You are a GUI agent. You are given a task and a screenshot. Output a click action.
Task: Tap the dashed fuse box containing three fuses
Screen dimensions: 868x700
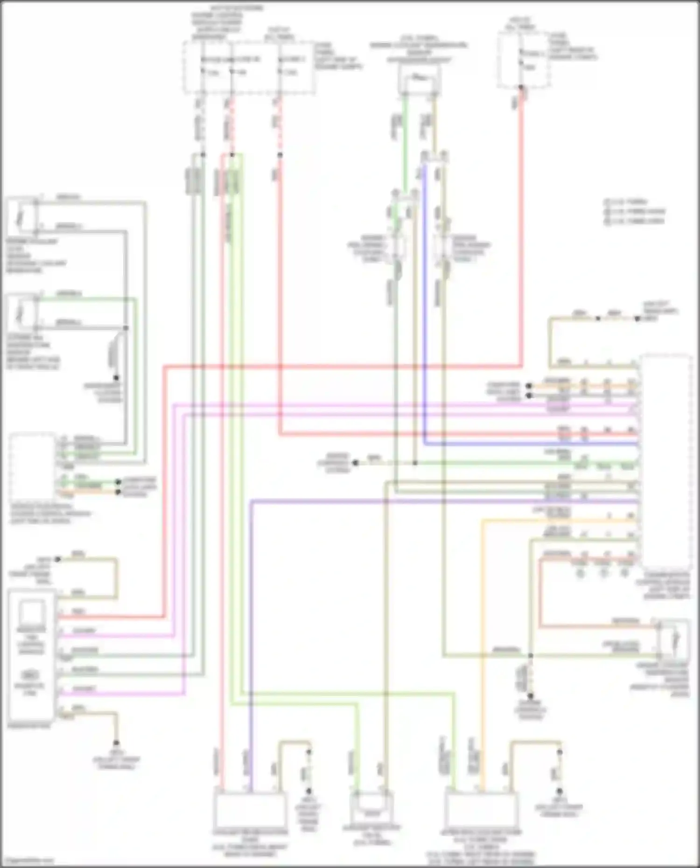pyautogui.click(x=248, y=68)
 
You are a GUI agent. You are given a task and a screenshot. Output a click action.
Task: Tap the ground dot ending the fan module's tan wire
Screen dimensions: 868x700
pyautogui.click(x=116, y=743)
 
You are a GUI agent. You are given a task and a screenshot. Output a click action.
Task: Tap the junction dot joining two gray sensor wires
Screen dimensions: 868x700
pyautogui.click(x=126, y=328)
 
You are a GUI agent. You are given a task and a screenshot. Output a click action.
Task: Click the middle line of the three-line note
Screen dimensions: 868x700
pyautogui.click(x=635, y=211)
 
